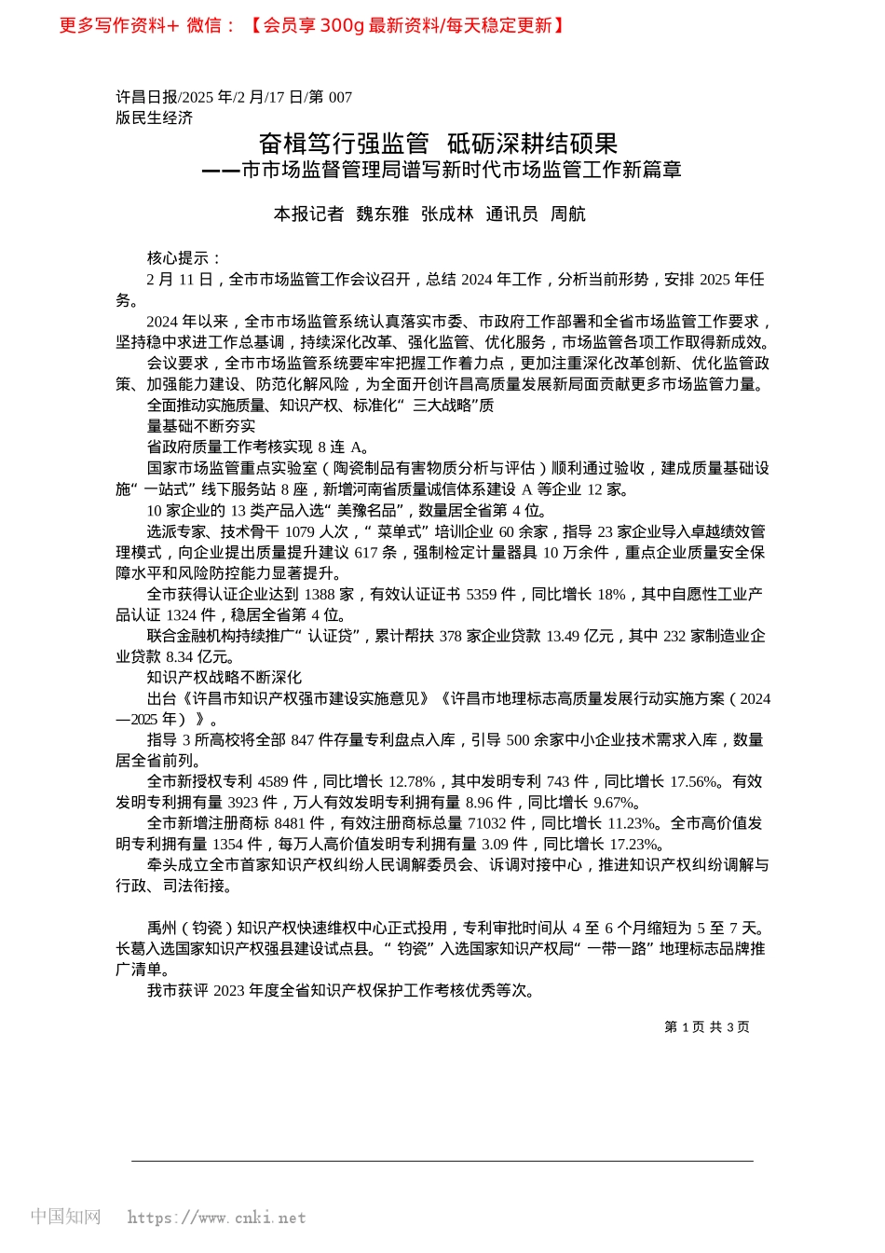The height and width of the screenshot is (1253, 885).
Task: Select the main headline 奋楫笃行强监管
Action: point(344,143)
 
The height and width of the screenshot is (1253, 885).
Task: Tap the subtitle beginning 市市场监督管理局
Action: point(460,170)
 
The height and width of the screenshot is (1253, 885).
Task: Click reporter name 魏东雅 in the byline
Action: point(382,214)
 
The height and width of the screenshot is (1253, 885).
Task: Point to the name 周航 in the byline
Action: point(567,214)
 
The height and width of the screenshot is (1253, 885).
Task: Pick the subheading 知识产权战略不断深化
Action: point(224,678)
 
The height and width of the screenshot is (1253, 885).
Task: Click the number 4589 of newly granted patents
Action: point(273,781)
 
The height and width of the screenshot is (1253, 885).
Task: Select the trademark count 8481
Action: point(291,823)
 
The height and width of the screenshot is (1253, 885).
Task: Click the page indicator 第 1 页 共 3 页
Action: point(706,1026)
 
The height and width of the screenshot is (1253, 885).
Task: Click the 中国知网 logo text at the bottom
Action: point(65,1217)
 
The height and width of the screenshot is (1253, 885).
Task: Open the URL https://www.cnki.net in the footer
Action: point(216,1218)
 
